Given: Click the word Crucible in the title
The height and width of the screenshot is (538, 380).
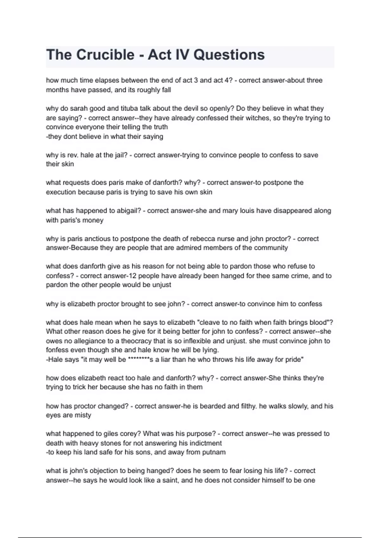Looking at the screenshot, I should pyautogui.click(x=105, y=55).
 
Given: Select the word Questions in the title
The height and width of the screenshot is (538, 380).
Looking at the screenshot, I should pyautogui.click(x=229, y=55).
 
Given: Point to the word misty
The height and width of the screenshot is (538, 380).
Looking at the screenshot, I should pyautogui.click(x=83, y=415).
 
